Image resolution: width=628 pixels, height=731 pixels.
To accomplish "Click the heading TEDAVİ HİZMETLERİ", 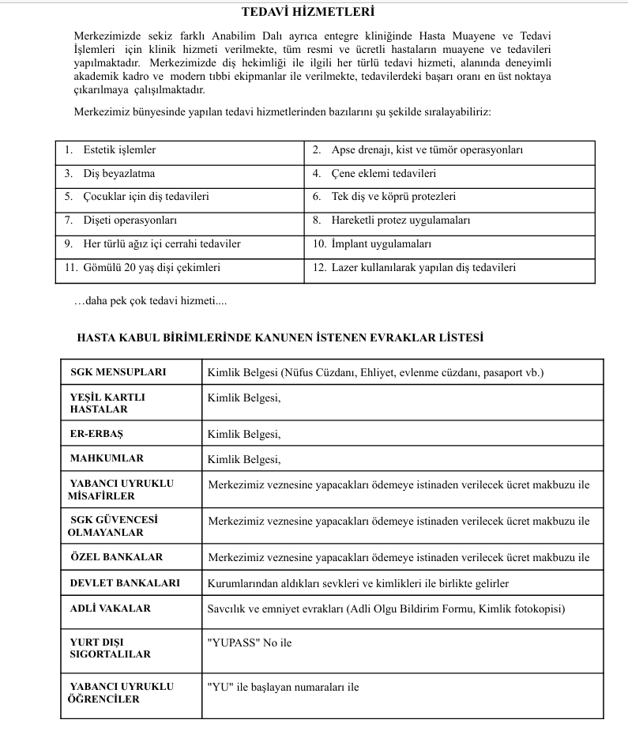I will tap(307, 12).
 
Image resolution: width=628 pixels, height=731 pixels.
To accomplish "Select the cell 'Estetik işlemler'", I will tap(119, 150).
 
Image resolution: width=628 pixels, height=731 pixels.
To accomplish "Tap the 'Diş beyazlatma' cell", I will tap(118, 174).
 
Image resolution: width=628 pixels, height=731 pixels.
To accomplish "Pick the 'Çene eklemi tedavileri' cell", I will tap(383, 174).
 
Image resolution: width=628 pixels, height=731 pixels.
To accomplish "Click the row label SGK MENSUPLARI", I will tap(118, 372).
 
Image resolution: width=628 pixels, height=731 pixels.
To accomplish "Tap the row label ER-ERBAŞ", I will tap(96, 434).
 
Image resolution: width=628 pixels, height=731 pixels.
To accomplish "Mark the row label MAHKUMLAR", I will tap(107, 458).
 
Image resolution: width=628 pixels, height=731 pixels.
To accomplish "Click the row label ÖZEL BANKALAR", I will tap(116, 557).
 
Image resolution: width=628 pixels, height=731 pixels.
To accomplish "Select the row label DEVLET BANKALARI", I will tap(125, 583).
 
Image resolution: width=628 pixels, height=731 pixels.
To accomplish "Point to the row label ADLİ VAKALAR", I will tap(110, 609).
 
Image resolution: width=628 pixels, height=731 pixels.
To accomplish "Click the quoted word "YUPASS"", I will tap(233, 643).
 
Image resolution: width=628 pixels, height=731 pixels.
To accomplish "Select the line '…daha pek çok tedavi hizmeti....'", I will tap(150, 301).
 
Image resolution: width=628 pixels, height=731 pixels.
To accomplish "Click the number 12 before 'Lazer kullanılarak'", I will tap(319, 268).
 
